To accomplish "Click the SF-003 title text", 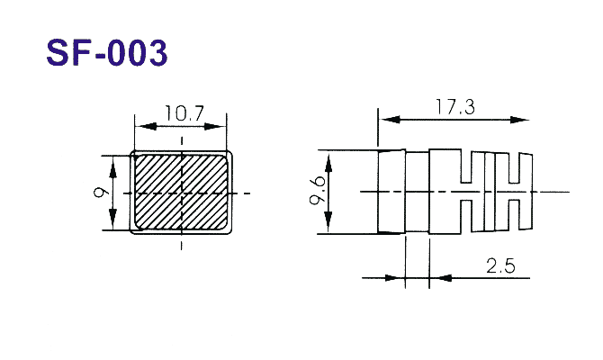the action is click(107, 53).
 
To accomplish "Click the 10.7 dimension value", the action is click(184, 113).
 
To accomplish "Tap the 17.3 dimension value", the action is click(455, 107).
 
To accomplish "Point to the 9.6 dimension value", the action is click(318, 191).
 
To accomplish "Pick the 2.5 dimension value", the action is click(500, 265).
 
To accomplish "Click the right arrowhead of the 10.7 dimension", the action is click(215, 126).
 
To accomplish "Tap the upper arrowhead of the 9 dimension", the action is click(112, 167).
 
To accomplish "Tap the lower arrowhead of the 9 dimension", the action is click(112, 220).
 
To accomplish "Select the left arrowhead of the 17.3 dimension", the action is click(390, 120).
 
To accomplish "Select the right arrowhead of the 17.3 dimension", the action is click(518, 120).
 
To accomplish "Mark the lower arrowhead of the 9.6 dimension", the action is click(328, 222).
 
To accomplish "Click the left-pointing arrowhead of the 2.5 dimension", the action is click(440, 278).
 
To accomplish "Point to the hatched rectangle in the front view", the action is click(181, 192).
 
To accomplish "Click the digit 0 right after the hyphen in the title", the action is click(120, 53).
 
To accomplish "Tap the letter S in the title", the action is click(58, 53).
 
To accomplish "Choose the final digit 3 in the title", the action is click(157, 53).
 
